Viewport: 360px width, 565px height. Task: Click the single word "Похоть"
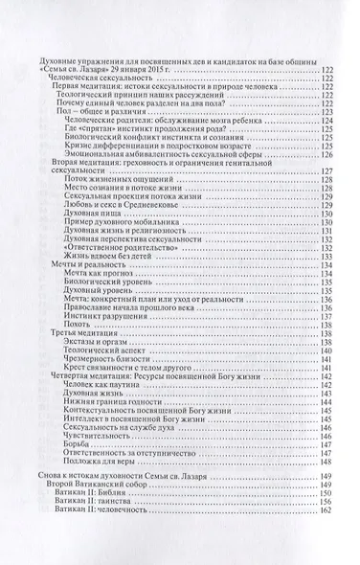(87, 326)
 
